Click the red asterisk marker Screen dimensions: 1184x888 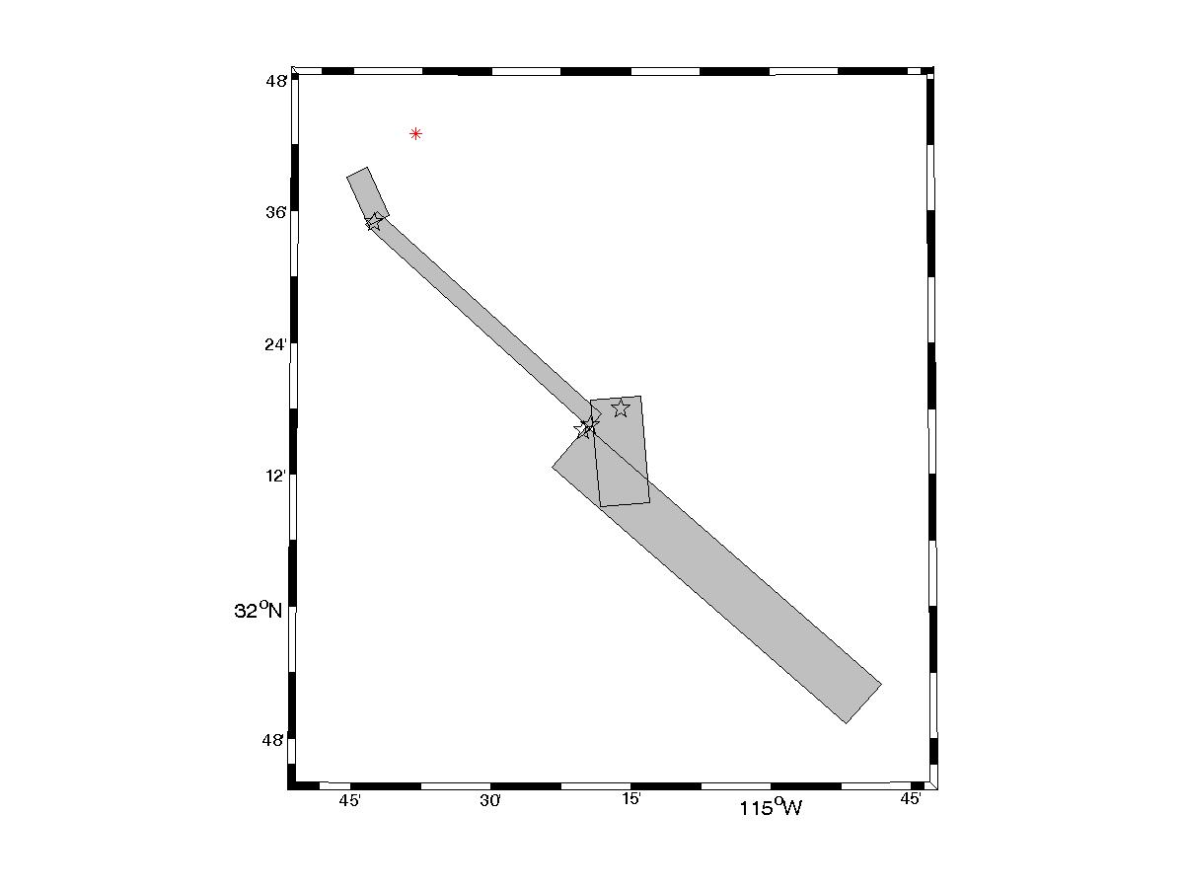tap(415, 134)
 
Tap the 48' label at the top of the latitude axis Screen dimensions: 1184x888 tap(276, 82)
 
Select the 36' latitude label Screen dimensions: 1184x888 tap(275, 212)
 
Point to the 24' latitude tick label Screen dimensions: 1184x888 tap(275, 344)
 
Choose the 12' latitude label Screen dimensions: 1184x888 tap(275, 477)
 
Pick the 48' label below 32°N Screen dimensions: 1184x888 tap(273, 740)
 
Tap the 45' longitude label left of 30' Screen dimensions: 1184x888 tap(349, 800)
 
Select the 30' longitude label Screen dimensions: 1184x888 tap(490, 800)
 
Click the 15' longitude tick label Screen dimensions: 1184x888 tap(631, 798)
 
